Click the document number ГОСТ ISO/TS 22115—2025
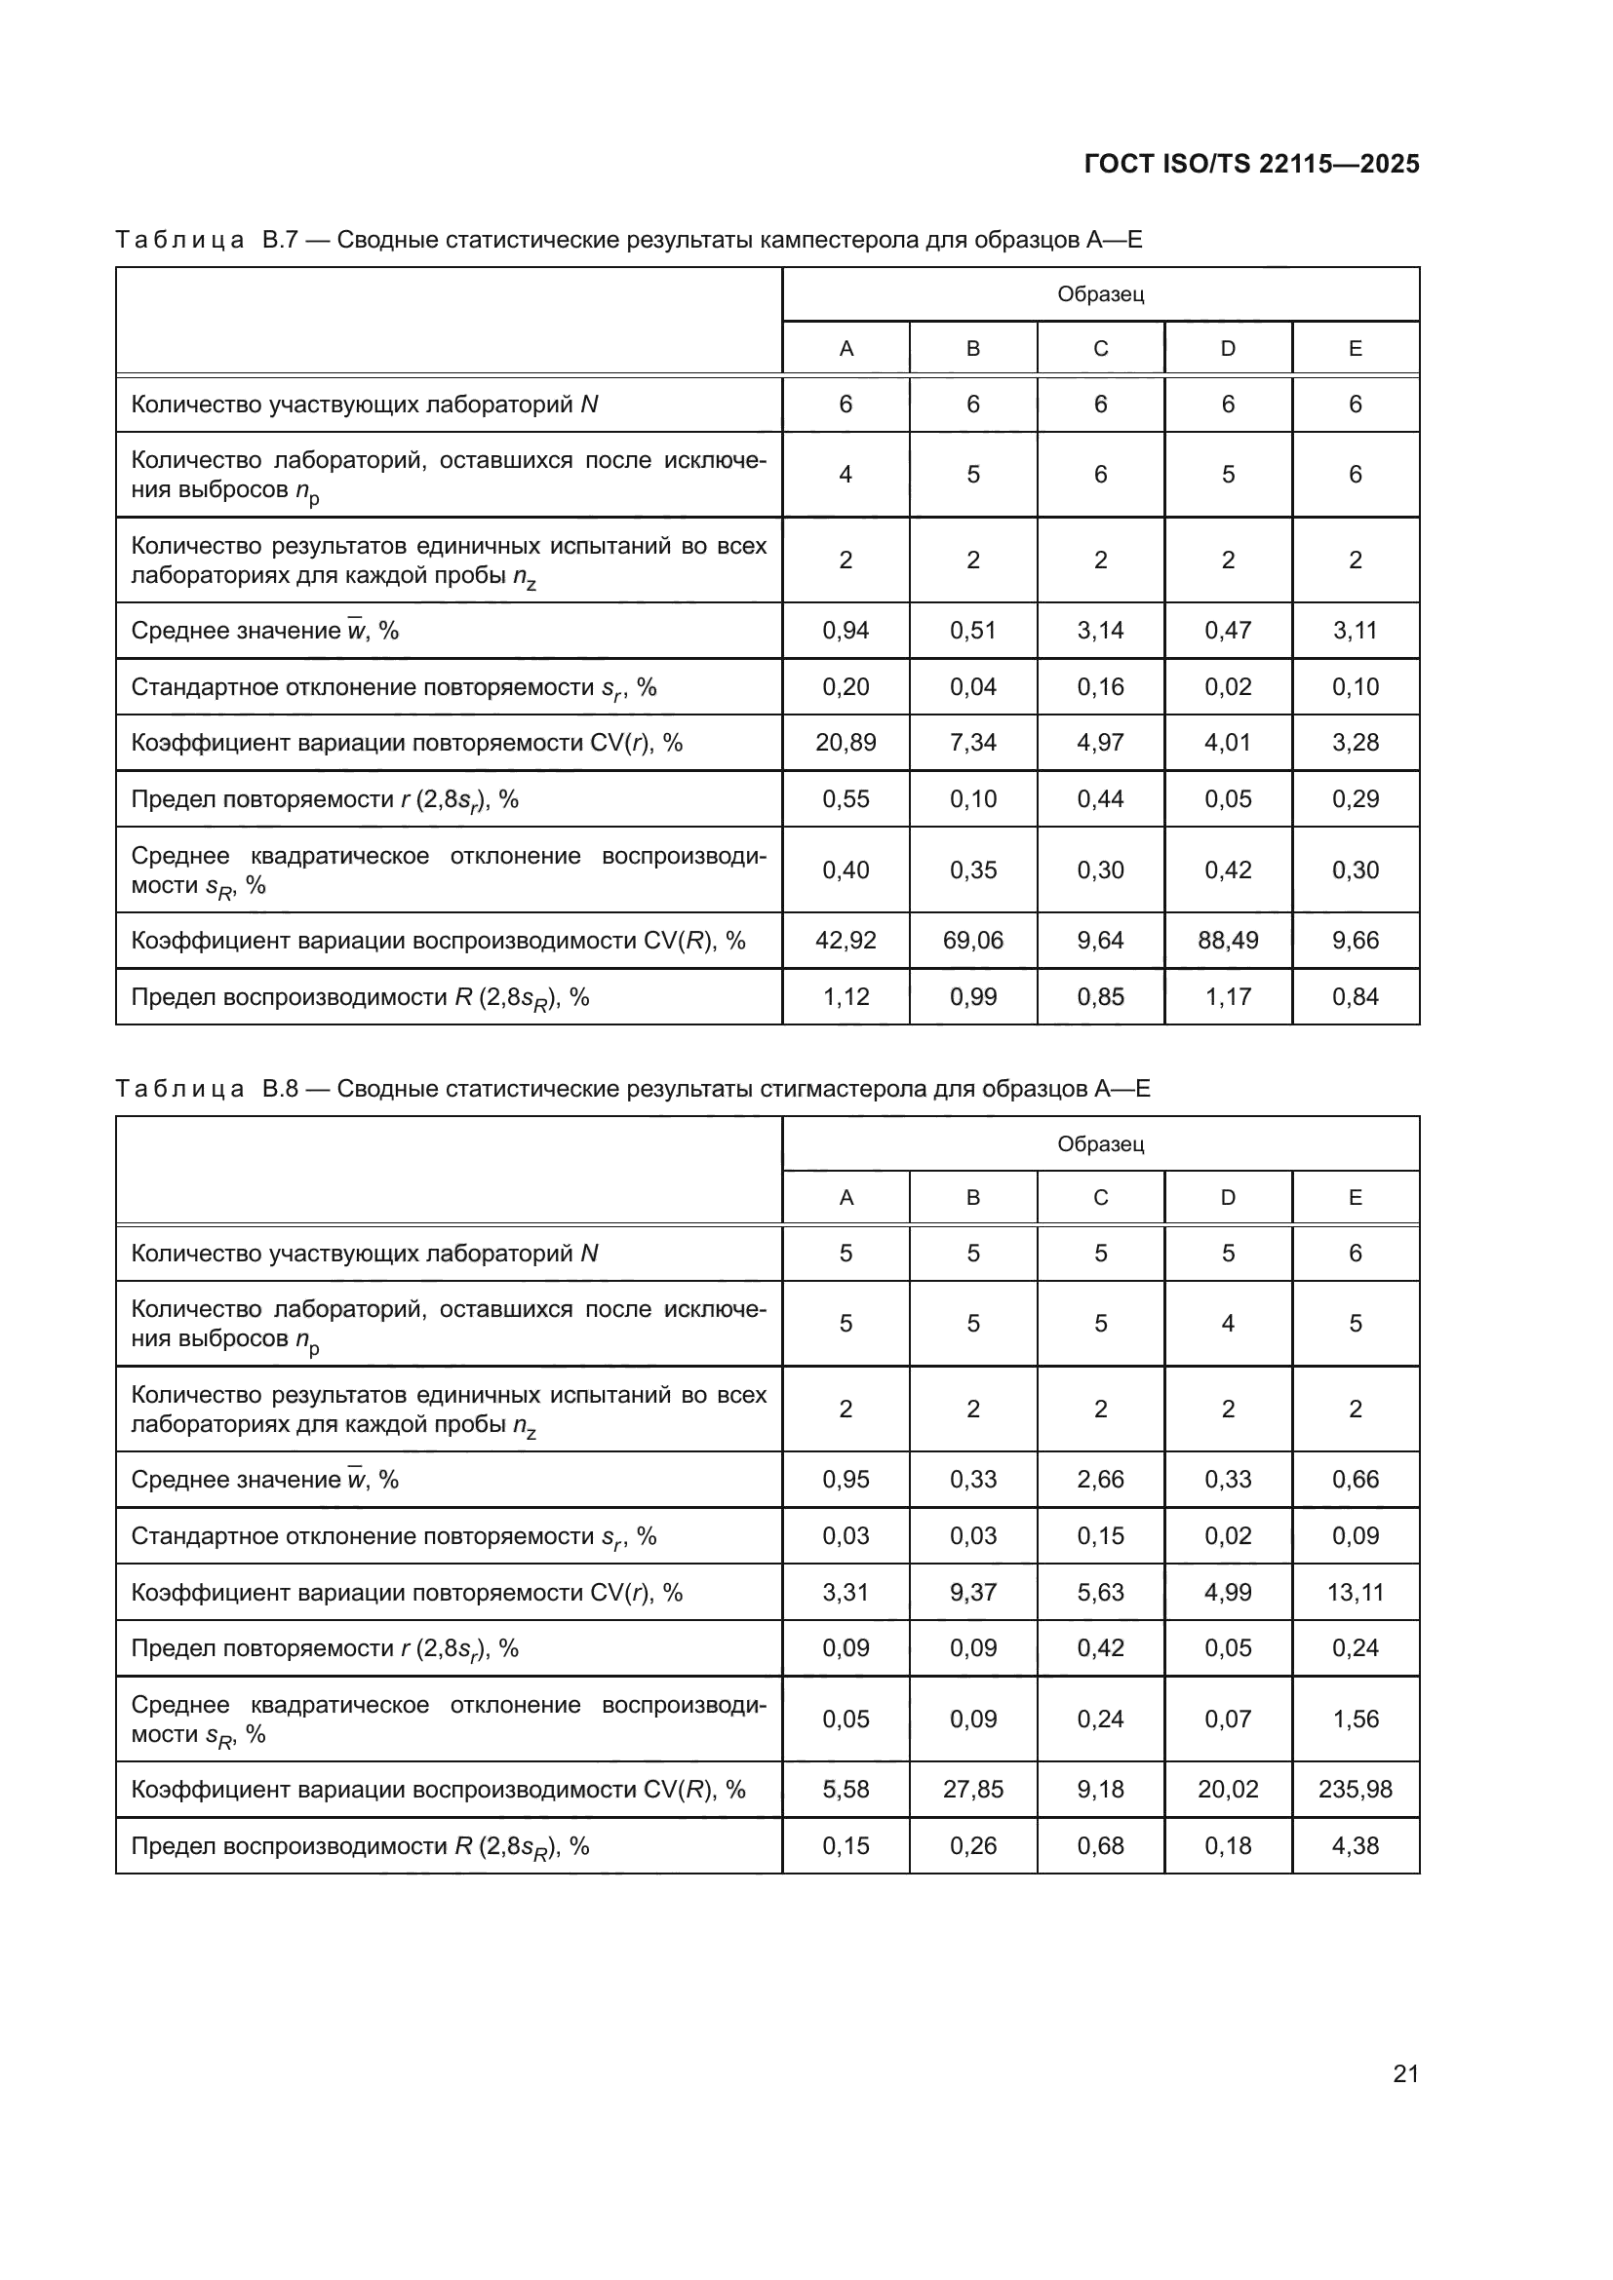(1251, 164)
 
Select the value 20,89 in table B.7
(846, 743)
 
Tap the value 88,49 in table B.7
(1228, 941)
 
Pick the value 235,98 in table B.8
(1355, 1790)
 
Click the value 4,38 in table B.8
(1355, 1846)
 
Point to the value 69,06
(972, 941)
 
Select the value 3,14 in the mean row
(1100, 631)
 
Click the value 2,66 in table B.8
(1100, 1480)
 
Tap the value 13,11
(1355, 1593)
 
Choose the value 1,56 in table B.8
(1355, 1719)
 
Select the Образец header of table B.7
(1100, 294)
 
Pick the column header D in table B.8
(1228, 1198)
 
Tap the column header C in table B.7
(1100, 349)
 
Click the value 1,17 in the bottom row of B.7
(1228, 997)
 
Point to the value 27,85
(972, 1790)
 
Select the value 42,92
(846, 941)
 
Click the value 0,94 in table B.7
(846, 631)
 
